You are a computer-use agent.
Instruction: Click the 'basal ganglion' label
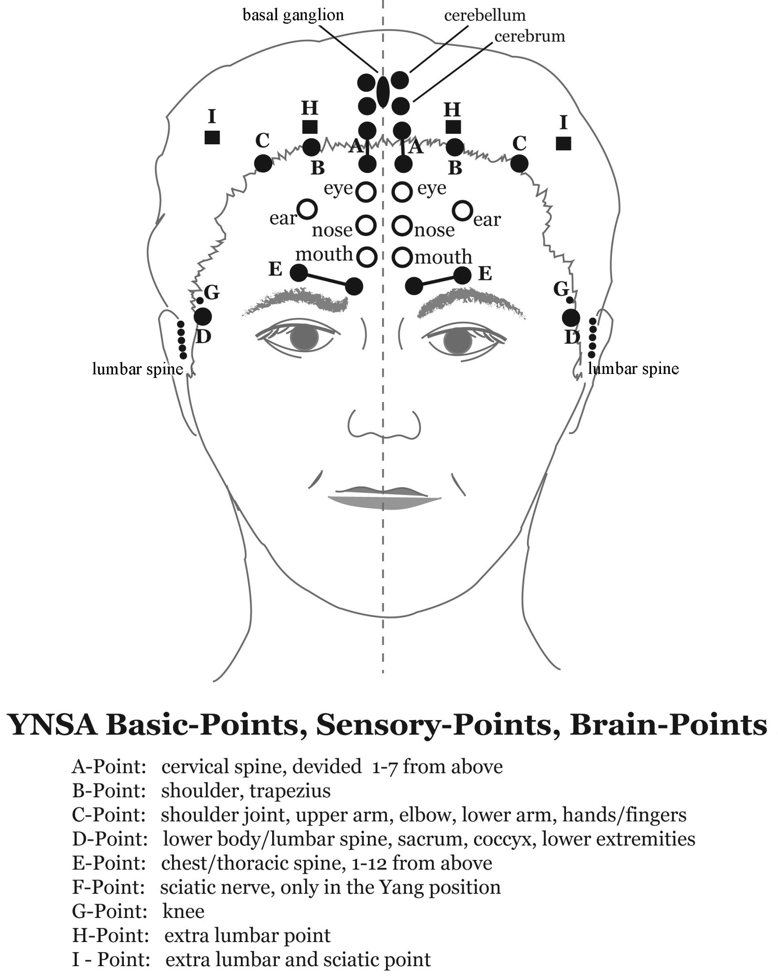point(293,16)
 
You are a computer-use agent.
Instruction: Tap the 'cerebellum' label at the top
point(484,16)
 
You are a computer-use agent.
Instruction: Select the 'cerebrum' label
point(529,36)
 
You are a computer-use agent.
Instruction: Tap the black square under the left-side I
point(212,137)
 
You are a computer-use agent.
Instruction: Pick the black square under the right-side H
point(453,127)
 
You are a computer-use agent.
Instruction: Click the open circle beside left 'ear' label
point(307,209)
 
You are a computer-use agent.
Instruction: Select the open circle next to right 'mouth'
point(402,257)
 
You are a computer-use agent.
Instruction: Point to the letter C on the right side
point(519,143)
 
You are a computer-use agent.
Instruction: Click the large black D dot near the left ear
point(202,316)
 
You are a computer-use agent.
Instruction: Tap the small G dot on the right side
point(570,300)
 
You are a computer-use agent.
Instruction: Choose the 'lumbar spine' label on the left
point(137,369)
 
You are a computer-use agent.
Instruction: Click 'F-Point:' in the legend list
point(109,887)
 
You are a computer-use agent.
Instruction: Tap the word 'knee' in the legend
point(183,911)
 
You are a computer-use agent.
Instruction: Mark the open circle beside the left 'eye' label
point(366,192)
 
